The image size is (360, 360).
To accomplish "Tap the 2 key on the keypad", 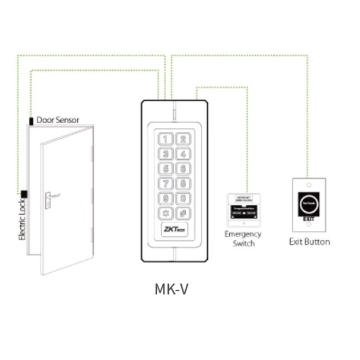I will [x=182, y=139].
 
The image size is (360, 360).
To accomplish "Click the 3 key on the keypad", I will [x=166, y=154].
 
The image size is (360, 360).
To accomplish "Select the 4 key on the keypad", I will [x=182, y=154].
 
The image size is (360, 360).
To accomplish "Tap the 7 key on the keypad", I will [x=166, y=184].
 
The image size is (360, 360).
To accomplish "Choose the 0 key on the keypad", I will [x=182, y=199].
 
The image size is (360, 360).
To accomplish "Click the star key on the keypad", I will [x=166, y=214].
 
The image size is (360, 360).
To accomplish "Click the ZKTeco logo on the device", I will [x=174, y=230].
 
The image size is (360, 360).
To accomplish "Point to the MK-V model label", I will [x=171, y=288].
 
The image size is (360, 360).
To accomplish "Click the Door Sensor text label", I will [x=58, y=120].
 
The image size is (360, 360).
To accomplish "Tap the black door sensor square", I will [x=31, y=122].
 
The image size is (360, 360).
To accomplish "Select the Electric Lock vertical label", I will [x=23, y=220].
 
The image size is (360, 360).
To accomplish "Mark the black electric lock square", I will [x=24, y=194].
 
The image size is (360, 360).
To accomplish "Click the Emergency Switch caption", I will [x=243, y=238].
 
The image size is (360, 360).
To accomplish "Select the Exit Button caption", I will [x=309, y=241].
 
